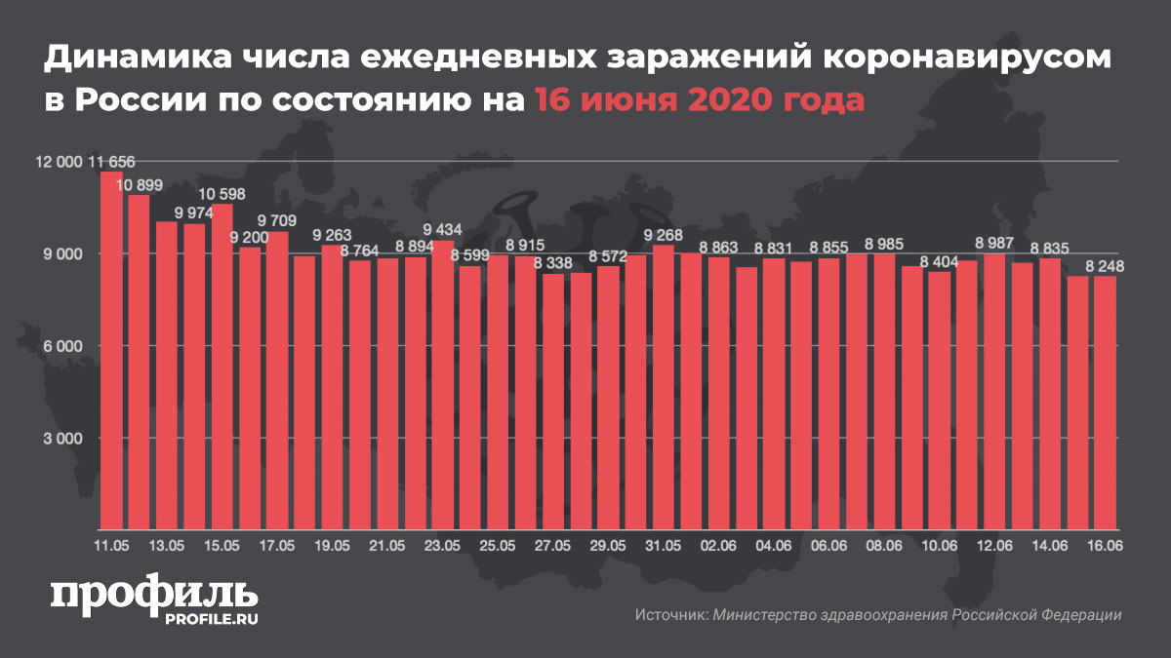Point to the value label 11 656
[112, 162]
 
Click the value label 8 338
[553, 263]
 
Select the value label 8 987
[994, 243]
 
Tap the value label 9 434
[443, 230]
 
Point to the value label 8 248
[1105, 265]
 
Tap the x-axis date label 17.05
[277, 546]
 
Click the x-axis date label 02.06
[718, 546]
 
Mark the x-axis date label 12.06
[994, 546]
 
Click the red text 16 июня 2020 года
[699, 99]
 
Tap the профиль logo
[154, 597]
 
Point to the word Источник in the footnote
[669, 615]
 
